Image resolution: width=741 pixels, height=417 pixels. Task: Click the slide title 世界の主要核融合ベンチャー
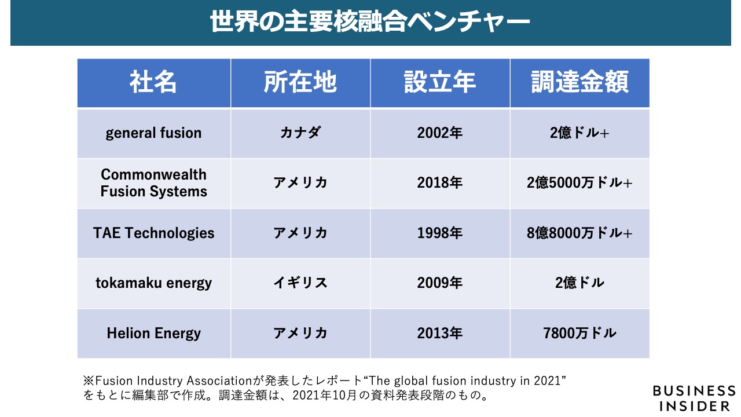coord(370,23)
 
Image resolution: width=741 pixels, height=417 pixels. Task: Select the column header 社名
coord(153,83)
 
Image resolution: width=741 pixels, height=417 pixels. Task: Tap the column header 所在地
coord(300,83)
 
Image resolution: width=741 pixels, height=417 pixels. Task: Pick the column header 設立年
coord(440,83)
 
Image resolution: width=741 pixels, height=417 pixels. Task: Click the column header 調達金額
coord(579,83)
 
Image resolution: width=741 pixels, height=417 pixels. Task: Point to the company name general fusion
coord(153,133)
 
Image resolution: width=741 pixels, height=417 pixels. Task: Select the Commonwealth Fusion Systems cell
coord(153,183)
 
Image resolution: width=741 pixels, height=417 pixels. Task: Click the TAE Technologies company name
coord(153,233)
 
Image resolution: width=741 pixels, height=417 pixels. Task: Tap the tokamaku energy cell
coord(153,283)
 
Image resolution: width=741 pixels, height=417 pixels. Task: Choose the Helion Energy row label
coord(153,334)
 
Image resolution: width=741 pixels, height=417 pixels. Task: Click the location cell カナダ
coord(300,133)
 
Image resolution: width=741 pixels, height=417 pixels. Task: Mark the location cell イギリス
coord(300,283)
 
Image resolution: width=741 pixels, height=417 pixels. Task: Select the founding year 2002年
coord(440,133)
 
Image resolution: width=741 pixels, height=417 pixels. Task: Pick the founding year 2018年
coord(440,183)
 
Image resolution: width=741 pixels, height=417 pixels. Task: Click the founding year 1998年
coord(440,233)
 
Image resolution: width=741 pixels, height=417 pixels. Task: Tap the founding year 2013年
coord(440,334)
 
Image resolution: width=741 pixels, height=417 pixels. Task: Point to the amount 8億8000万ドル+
coord(579,233)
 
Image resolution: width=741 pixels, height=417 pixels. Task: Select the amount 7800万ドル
coord(579,334)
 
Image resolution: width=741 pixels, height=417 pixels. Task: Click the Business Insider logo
coord(694,398)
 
